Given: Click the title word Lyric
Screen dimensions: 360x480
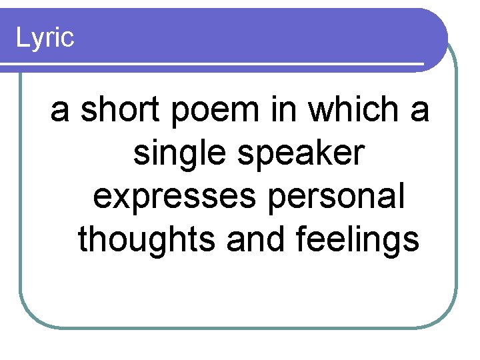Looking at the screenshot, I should (x=44, y=38).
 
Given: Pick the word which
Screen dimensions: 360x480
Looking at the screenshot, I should (x=354, y=109).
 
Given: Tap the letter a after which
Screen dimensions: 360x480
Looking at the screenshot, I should (x=419, y=112).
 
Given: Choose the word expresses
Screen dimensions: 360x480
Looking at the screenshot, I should (x=169, y=198).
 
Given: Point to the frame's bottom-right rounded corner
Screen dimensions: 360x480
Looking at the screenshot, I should (x=447, y=316).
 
